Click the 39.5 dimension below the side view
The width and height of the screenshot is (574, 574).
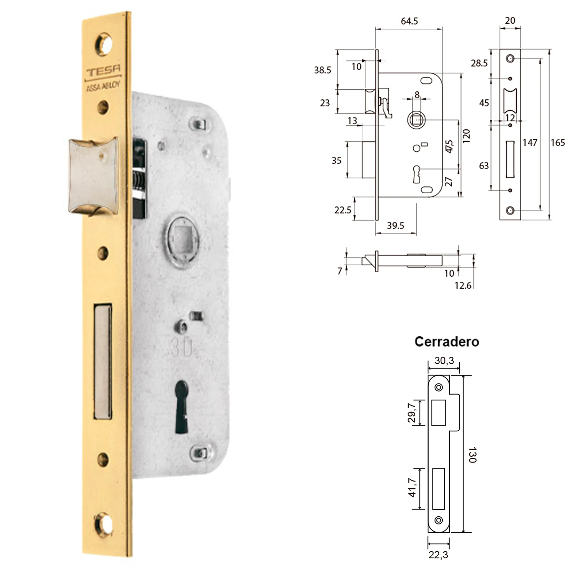click(395, 226)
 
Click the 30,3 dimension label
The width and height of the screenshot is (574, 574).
click(444, 361)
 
